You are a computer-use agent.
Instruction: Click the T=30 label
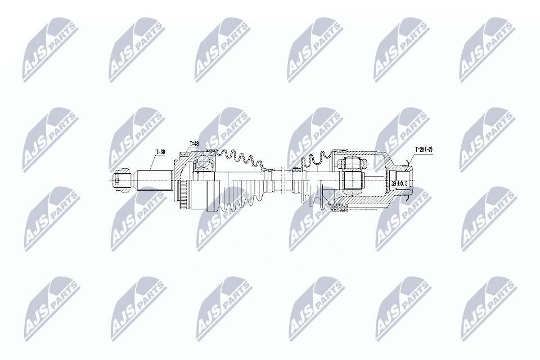point(161,151)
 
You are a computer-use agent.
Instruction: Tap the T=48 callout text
point(195,143)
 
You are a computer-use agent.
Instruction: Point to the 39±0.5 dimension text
point(399,183)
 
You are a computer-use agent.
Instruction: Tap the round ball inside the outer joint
point(203,165)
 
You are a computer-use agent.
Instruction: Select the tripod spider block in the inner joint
point(352,181)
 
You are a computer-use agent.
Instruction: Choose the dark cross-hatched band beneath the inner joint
point(341,209)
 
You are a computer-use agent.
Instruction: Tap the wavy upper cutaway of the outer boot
point(242,157)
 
